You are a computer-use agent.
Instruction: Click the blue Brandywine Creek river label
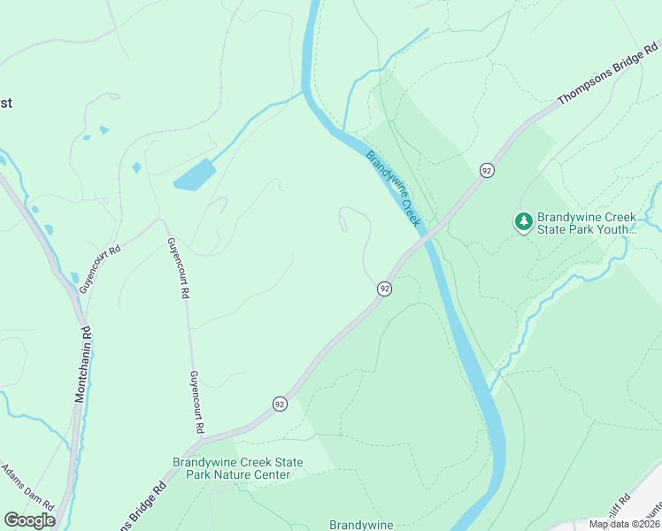click(x=392, y=189)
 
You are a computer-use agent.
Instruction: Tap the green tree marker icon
click(x=524, y=221)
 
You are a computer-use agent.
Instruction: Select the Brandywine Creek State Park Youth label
click(x=587, y=223)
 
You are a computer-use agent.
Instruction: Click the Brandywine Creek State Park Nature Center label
click(x=237, y=468)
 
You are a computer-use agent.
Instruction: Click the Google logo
click(x=29, y=520)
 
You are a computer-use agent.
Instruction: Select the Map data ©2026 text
click(x=625, y=524)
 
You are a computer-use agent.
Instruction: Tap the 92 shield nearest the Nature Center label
click(x=280, y=404)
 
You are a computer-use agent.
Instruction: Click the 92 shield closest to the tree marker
click(x=486, y=170)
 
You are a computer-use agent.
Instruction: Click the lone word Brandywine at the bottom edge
click(x=361, y=525)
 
